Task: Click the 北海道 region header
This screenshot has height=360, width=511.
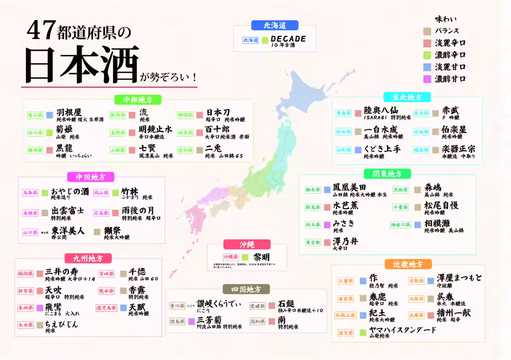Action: tap(275, 25)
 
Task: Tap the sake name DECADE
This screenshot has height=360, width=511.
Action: tap(288, 39)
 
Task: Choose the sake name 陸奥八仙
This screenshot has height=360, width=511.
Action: tap(381, 111)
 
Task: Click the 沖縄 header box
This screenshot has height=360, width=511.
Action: tap(247, 244)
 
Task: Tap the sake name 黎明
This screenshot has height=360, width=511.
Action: tap(261, 257)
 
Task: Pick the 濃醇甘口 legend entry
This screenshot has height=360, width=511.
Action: tap(450, 79)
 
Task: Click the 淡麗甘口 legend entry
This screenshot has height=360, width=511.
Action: tap(450, 67)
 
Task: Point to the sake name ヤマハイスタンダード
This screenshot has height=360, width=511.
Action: tap(403, 330)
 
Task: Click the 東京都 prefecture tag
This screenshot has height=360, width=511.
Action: tap(313, 242)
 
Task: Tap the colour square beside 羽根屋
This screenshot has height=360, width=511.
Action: tap(49, 114)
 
